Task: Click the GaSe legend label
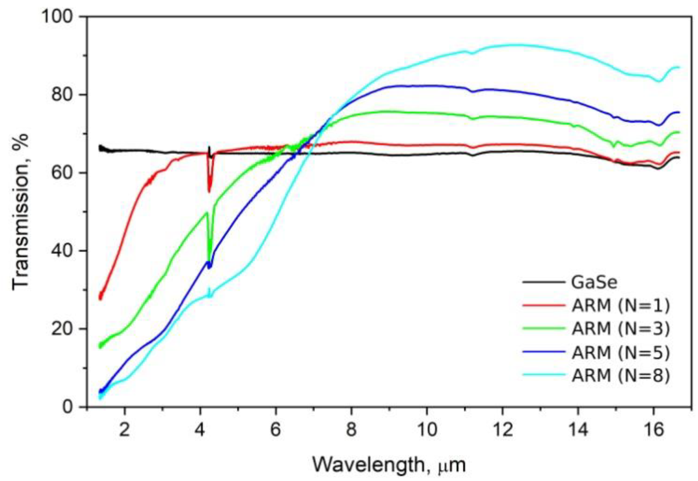click(594, 282)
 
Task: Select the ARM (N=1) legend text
click(620, 306)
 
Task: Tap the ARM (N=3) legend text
click(620, 329)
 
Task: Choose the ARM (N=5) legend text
click(620, 352)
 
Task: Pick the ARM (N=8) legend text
click(620, 376)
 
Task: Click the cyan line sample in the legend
click(544, 375)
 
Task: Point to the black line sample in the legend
click(544, 282)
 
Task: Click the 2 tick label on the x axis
click(125, 429)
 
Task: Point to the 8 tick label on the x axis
click(351, 429)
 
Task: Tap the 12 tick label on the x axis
click(502, 429)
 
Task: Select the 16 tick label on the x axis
click(653, 429)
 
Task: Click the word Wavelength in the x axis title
click(368, 465)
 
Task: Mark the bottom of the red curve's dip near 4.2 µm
click(210, 191)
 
